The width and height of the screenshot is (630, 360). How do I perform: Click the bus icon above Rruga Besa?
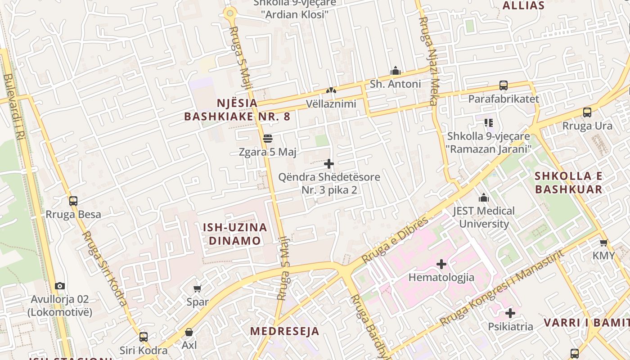(73, 201)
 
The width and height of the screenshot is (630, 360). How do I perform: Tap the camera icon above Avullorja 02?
(60, 286)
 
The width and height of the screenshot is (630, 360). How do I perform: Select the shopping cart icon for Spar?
(197, 288)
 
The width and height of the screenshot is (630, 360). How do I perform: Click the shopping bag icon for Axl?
(189, 332)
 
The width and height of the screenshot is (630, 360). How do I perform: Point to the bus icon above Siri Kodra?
(143, 337)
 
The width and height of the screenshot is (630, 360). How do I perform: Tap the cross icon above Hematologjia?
(441, 264)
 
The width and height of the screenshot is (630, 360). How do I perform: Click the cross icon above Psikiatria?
(510, 313)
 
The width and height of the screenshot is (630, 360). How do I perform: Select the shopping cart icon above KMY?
(603, 243)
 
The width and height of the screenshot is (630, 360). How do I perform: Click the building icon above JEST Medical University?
(484, 198)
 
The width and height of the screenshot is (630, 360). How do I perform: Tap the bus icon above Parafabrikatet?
(503, 85)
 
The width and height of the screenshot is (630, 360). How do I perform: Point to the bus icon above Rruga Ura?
(587, 112)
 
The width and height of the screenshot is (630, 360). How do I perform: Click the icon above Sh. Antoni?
(396, 71)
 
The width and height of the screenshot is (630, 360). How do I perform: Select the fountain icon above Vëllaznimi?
(331, 90)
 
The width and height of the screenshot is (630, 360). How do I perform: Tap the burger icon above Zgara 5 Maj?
(268, 139)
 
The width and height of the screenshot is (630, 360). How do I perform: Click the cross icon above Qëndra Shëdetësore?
(329, 164)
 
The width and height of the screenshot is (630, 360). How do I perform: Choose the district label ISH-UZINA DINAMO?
(235, 234)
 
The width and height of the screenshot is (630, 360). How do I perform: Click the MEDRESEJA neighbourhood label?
(284, 331)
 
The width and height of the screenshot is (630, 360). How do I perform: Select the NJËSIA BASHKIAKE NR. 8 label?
(237, 109)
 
